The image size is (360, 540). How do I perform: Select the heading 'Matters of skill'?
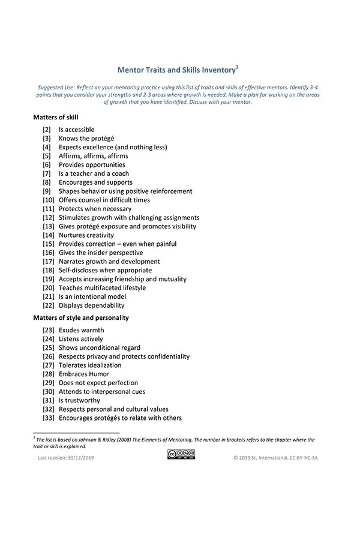tap(56, 117)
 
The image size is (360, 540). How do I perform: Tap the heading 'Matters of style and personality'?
tap(81, 317)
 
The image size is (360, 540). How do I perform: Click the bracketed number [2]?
tap(47, 130)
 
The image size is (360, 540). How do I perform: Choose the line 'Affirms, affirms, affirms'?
tap(93, 156)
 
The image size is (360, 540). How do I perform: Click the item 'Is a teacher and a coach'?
tap(94, 173)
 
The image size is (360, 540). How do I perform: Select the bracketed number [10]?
tap(49, 200)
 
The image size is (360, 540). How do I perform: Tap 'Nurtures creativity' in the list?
tap(86, 235)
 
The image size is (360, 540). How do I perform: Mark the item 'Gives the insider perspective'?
tap(100, 253)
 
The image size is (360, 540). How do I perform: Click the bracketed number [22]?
tap(49, 305)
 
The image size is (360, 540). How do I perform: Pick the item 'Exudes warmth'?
tap(81, 330)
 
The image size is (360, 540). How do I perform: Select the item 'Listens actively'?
tap(80, 339)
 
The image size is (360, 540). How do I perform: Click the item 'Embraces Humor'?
tap(84, 374)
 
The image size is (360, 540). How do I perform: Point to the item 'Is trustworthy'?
tap(79, 400)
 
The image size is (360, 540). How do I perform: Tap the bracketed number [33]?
tap(49, 418)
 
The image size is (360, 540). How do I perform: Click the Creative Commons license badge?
tap(181, 454)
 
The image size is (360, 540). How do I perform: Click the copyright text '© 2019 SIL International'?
tap(264, 458)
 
